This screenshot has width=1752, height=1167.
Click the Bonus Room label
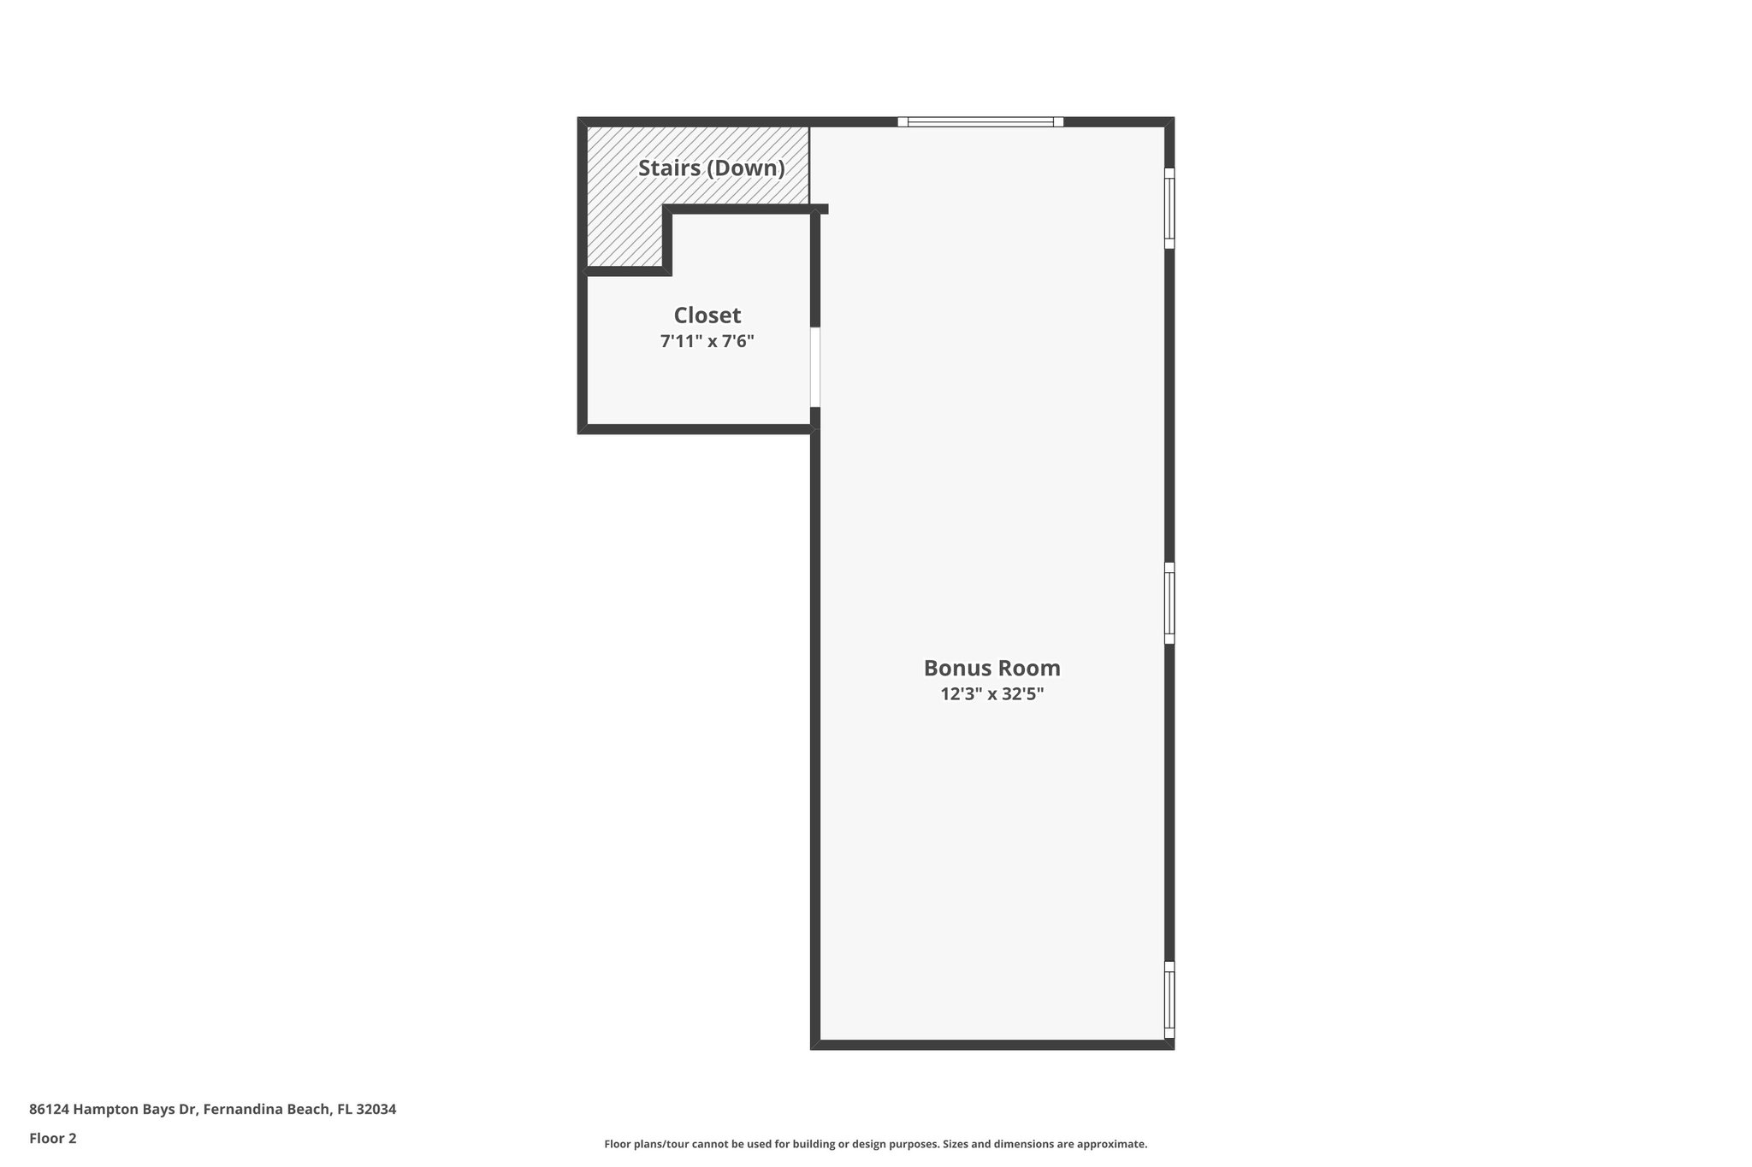[991, 668]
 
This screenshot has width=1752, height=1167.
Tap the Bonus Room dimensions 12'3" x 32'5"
[991, 694]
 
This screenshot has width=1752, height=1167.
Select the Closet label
[707, 315]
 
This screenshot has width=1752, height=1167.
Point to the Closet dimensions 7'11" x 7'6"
[707, 342]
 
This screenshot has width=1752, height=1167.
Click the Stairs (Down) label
[711, 168]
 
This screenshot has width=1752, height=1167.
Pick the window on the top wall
[980, 122]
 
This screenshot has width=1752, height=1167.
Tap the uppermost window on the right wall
[1169, 209]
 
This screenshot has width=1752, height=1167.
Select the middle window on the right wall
[1169, 603]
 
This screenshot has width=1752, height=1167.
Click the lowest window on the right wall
[1169, 999]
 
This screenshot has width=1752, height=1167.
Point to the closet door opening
[815, 367]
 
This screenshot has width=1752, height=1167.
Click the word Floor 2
[53, 1138]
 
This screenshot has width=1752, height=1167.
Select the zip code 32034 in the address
[376, 1109]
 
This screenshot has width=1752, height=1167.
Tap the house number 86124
[49, 1109]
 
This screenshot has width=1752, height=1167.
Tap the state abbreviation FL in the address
[345, 1109]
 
